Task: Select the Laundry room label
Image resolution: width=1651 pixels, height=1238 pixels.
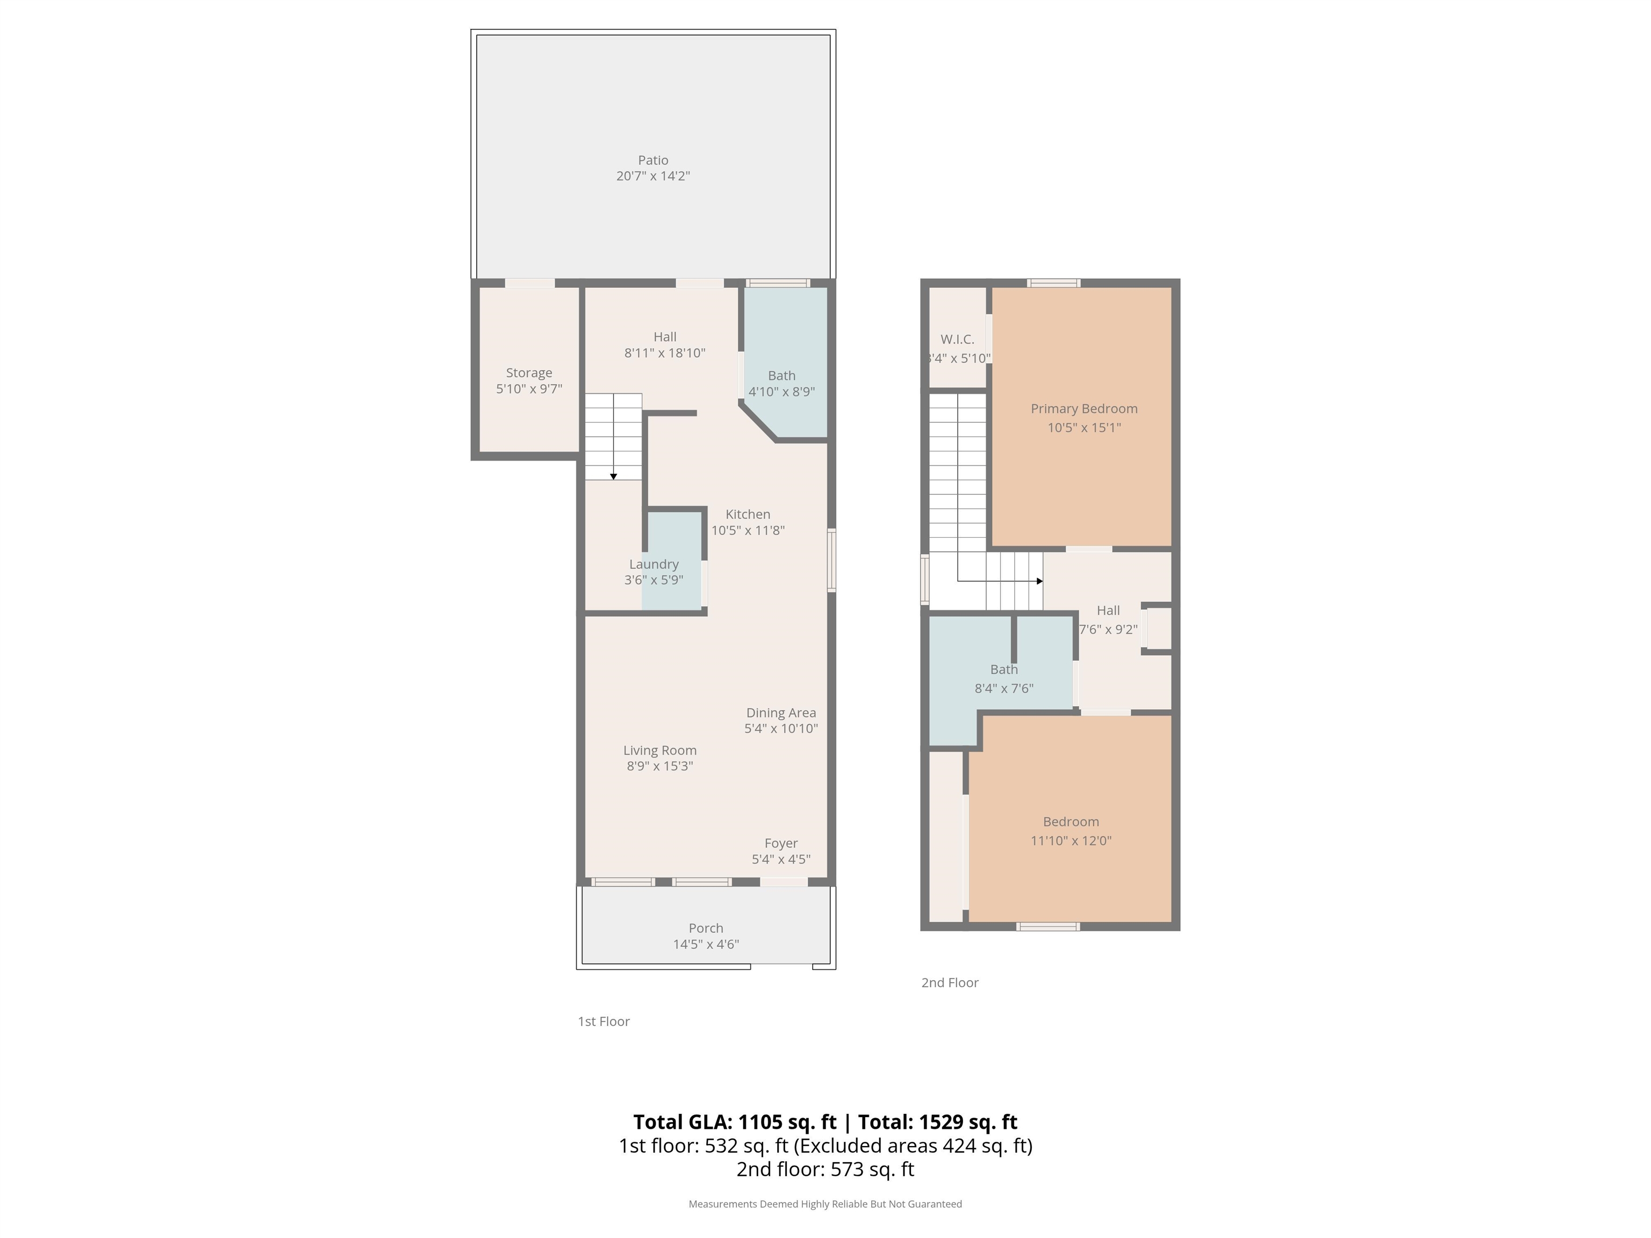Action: pos(654,564)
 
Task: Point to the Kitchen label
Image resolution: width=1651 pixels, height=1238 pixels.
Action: pos(748,514)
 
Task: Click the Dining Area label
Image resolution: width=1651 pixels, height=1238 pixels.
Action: pos(781,712)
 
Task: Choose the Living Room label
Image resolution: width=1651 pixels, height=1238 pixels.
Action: pos(660,750)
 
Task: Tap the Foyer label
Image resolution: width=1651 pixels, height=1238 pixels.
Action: pos(781,843)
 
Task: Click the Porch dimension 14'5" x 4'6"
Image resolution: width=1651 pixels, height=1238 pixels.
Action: pos(706,944)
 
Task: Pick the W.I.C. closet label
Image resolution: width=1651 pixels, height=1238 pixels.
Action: pos(958,340)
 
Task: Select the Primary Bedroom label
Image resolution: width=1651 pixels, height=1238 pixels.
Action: pos(1085,409)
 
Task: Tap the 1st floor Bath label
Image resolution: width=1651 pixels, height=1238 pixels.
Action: pos(781,376)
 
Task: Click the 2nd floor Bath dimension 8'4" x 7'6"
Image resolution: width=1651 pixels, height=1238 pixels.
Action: pos(1004,688)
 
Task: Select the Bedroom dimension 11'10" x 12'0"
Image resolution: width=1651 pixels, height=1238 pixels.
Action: pos(1071,840)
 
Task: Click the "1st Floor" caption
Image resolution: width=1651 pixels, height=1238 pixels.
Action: pos(604,1021)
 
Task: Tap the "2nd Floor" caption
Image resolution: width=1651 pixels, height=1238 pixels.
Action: pos(950,983)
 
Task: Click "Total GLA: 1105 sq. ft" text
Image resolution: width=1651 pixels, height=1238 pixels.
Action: pos(735,1122)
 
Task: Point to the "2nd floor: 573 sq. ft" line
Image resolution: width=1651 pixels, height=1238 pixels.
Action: pos(825,1169)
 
